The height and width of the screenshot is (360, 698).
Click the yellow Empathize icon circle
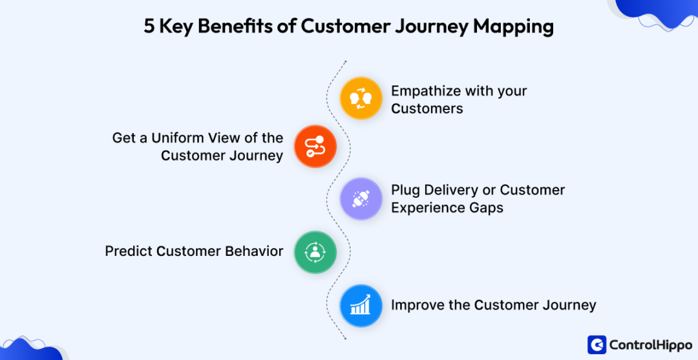361,98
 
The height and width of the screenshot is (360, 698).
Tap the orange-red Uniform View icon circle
315,147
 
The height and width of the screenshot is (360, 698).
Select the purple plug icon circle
361,198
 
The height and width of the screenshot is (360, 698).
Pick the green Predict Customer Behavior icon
315,252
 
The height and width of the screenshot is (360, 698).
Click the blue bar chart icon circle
361,305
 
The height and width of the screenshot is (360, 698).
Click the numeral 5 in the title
149,26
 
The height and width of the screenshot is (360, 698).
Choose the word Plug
407,190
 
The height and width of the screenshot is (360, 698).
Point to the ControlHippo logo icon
597,344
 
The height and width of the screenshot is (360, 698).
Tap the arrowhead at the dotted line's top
345,61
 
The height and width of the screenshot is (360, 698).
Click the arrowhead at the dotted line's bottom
345,337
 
